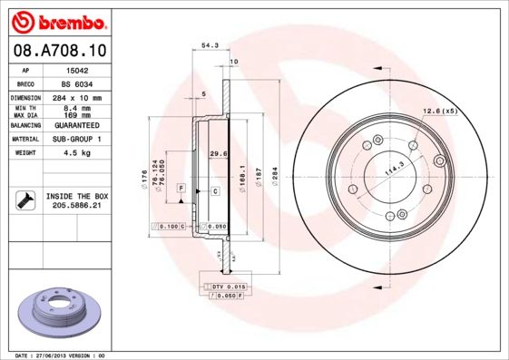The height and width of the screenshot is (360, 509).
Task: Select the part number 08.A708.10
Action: [59, 52]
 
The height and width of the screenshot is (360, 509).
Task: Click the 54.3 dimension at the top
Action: [210, 44]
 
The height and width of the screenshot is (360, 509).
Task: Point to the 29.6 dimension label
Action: [218, 155]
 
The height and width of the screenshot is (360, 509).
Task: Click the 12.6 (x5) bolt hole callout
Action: [438, 111]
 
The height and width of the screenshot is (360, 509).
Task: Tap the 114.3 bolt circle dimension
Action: [394, 170]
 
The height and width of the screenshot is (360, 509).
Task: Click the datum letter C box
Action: [215, 191]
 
